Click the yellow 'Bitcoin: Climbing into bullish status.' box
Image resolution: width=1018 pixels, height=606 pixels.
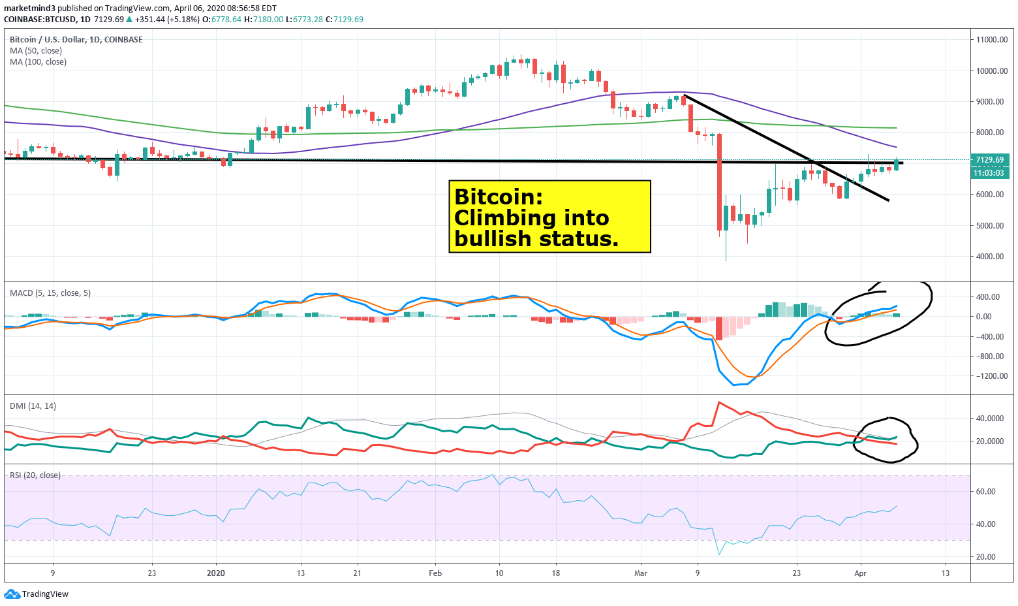(x=549, y=217)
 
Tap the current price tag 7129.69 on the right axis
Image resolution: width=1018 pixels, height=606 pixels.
(x=990, y=160)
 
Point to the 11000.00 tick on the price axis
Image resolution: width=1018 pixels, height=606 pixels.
(x=991, y=40)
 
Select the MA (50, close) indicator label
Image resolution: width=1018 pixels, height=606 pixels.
(x=36, y=51)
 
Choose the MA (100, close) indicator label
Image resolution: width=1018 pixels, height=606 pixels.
(x=38, y=62)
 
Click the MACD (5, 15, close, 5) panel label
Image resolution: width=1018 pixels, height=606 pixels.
(x=50, y=293)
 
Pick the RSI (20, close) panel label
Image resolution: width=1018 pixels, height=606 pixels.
(x=35, y=475)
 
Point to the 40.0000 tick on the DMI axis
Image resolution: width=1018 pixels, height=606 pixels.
(x=990, y=419)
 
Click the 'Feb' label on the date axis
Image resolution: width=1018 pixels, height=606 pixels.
(x=435, y=573)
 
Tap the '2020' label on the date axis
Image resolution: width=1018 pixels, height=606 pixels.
(x=215, y=573)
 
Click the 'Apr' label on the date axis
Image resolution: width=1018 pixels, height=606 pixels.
(x=861, y=573)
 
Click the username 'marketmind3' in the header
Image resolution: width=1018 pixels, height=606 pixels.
(x=29, y=8)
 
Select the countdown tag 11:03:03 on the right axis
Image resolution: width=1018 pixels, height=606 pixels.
(x=990, y=173)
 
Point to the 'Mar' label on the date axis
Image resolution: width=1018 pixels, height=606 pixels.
(x=641, y=573)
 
